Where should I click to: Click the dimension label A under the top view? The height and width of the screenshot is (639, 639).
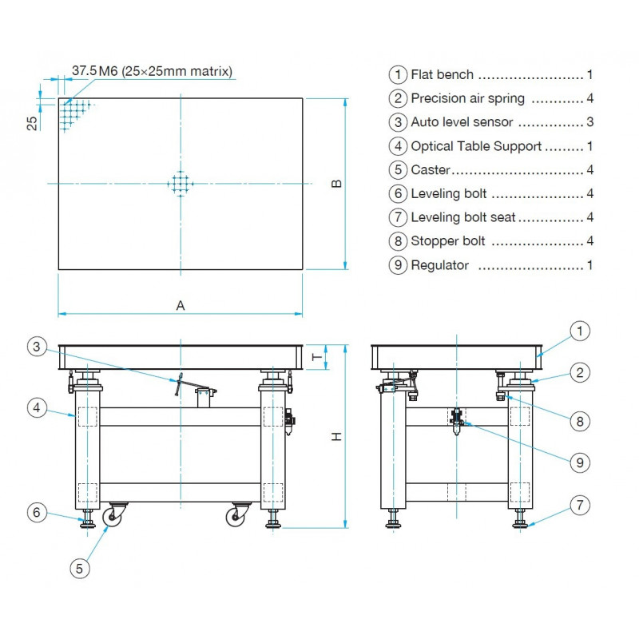click(181, 305)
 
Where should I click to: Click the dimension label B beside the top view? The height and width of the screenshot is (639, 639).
click(337, 184)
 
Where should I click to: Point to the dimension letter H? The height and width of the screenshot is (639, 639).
click(337, 436)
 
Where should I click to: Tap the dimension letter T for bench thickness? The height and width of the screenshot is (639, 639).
click(316, 357)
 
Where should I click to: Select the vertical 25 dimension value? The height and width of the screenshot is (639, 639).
click(33, 122)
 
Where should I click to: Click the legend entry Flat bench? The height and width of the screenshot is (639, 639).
click(442, 75)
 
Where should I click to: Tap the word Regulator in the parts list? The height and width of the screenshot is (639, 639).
click(439, 265)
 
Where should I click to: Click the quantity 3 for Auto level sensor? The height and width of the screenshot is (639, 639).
click(589, 122)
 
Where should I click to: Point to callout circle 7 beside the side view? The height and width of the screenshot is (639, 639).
click(581, 505)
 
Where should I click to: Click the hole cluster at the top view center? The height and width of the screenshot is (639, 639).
click(181, 184)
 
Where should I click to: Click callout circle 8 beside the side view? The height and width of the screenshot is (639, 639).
click(581, 419)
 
